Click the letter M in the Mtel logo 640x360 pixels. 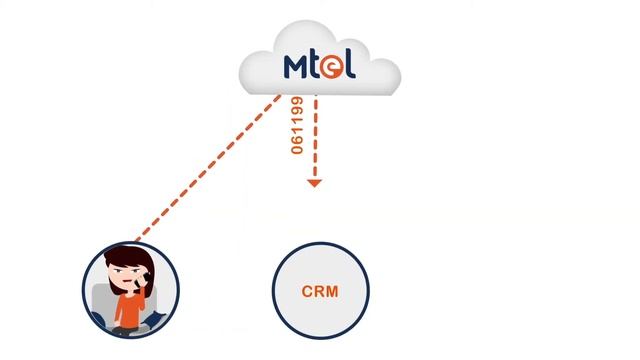pyautogui.click(x=299, y=67)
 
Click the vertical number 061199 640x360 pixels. pyautogui.click(x=297, y=125)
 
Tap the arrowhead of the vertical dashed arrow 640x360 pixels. pyautogui.click(x=314, y=183)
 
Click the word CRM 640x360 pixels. pyautogui.click(x=320, y=292)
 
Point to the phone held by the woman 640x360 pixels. pyautogui.click(x=143, y=273)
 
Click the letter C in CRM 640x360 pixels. pyautogui.click(x=307, y=292)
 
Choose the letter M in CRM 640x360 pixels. pyautogui.click(x=332, y=292)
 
